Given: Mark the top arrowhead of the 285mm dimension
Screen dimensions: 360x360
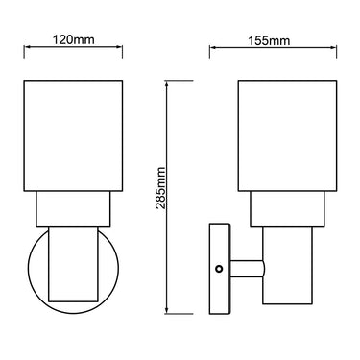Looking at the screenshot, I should [x=169, y=83].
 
